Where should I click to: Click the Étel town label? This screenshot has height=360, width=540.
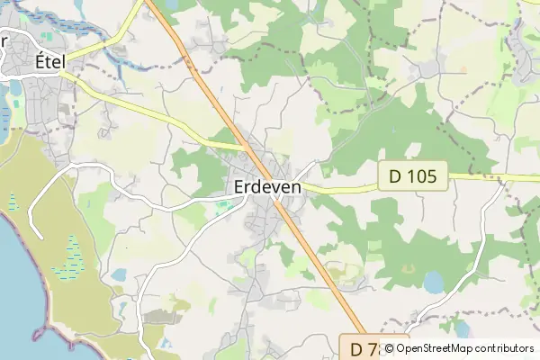(50, 62)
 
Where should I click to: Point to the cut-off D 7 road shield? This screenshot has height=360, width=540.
(362, 346)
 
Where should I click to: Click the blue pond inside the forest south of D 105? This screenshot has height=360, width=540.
(434, 283)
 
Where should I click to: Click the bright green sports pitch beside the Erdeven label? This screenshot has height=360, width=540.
(222, 208)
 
